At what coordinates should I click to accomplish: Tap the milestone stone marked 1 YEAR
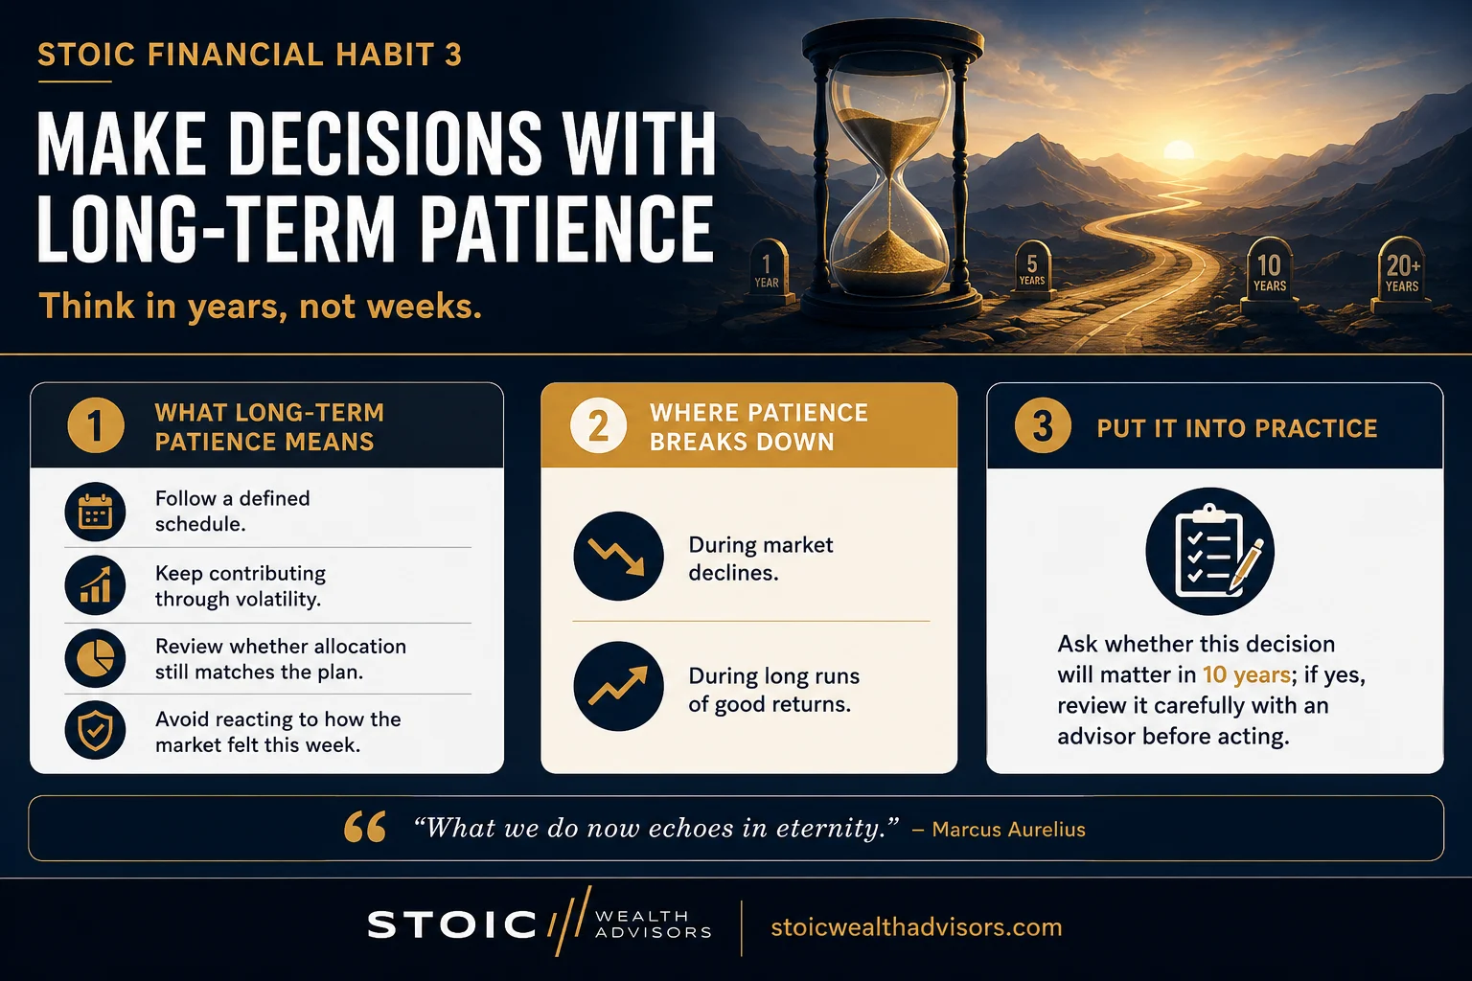pyautogui.click(x=768, y=272)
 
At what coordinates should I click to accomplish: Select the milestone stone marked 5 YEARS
pyautogui.click(x=1032, y=270)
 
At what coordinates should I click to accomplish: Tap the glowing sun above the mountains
pyautogui.click(x=1178, y=149)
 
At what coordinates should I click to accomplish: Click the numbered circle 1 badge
pyautogui.click(x=95, y=425)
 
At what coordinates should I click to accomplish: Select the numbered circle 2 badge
pyautogui.click(x=598, y=425)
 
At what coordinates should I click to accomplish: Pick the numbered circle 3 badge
pyautogui.click(x=1043, y=425)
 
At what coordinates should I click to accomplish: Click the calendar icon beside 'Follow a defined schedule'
pyautogui.click(x=95, y=512)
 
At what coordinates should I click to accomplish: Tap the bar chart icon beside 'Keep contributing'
pyautogui.click(x=95, y=585)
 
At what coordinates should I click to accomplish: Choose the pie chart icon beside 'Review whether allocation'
pyautogui.click(x=95, y=658)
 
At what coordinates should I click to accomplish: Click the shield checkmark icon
pyautogui.click(x=95, y=730)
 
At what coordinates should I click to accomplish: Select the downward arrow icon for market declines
pyautogui.click(x=618, y=556)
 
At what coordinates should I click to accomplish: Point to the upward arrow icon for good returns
pyautogui.click(x=618, y=686)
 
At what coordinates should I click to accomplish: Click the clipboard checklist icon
pyautogui.click(x=1209, y=551)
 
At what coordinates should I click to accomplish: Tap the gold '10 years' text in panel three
pyautogui.click(x=1247, y=674)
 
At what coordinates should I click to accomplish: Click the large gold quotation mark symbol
pyautogui.click(x=365, y=827)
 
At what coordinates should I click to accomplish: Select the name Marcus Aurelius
pyautogui.click(x=1009, y=830)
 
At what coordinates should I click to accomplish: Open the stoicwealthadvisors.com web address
pyautogui.click(x=916, y=927)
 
